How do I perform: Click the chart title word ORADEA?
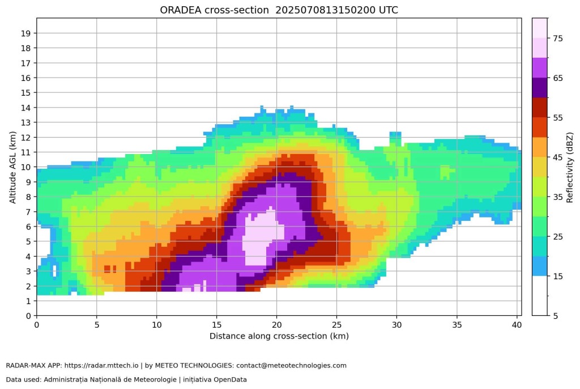[x=183, y=10]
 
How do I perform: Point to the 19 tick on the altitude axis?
[x=25, y=33]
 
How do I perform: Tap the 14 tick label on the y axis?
[x=25, y=107]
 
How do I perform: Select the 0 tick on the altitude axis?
[x=27, y=315]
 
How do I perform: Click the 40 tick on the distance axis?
[x=516, y=324]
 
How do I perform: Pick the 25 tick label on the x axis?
[x=336, y=324]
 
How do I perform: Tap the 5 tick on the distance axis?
[x=96, y=324]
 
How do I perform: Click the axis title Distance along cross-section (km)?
[x=279, y=336]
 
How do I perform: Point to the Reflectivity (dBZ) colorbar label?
[x=570, y=167]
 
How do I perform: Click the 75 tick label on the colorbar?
[x=558, y=39]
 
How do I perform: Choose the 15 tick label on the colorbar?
[x=558, y=276]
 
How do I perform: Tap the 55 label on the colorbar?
[x=558, y=118]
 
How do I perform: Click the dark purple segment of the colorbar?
[x=540, y=88]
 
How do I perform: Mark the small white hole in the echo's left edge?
[x=54, y=270]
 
